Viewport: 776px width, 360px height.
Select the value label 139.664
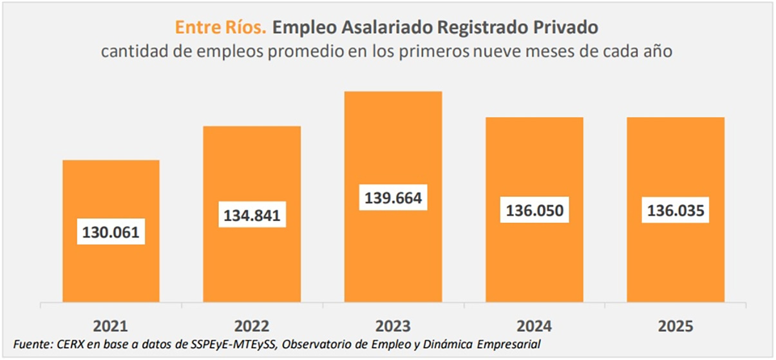point(393,198)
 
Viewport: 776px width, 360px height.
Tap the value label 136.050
point(535,210)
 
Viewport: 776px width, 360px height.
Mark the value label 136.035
point(676,210)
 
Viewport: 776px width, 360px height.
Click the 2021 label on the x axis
point(111,326)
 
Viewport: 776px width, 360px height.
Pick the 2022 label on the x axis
point(252,326)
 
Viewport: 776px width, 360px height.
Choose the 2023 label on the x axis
point(393,326)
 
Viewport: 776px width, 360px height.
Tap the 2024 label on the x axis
point(535,326)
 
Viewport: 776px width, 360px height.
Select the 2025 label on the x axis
point(676,326)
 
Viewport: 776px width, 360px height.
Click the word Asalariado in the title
point(379,28)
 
